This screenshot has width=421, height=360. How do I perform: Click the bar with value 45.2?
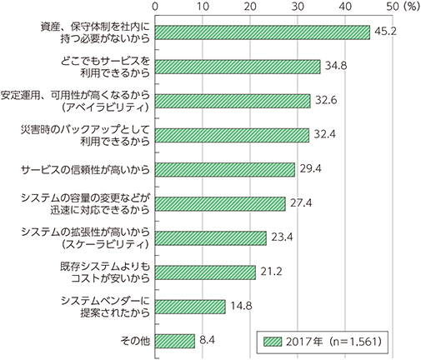(263, 32)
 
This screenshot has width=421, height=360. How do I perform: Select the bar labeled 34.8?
(238, 67)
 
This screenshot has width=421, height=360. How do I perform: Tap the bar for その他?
(175, 341)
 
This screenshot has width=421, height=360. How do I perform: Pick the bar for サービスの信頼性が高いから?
(225, 170)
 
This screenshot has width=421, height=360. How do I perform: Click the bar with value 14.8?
(190, 307)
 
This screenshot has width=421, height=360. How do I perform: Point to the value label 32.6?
(326, 100)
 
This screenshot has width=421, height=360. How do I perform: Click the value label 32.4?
(324, 134)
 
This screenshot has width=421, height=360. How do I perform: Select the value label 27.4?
(301, 203)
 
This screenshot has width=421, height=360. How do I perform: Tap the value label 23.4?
(282, 237)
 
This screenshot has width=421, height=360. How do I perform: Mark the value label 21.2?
(271, 272)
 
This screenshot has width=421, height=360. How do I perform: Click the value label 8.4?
(207, 340)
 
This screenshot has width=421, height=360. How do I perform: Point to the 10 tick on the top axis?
(203, 7)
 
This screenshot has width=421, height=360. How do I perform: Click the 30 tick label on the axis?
(298, 7)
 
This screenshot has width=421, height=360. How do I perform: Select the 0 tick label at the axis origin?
(155, 7)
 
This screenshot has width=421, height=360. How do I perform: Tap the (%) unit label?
(412, 7)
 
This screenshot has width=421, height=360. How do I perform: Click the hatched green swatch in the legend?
(273, 342)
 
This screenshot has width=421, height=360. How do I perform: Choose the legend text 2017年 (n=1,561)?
(333, 342)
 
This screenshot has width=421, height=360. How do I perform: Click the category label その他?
(135, 341)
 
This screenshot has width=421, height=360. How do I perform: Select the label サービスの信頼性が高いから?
(86, 170)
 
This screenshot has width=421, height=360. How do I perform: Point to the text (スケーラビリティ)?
(105, 244)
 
